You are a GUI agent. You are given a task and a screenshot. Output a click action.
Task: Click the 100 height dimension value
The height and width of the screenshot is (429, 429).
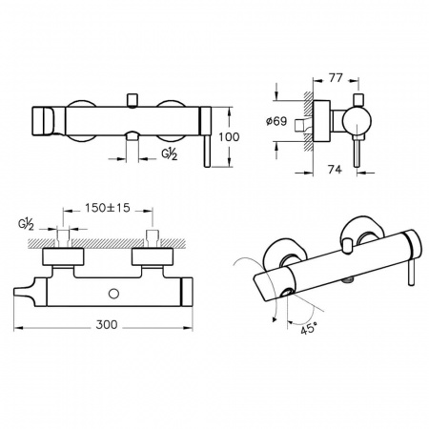(x=229, y=137)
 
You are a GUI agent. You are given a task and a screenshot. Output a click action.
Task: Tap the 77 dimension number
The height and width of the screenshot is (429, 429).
(x=336, y=78)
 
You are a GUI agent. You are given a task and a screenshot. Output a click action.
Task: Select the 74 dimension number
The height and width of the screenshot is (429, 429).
(x=335, y=170)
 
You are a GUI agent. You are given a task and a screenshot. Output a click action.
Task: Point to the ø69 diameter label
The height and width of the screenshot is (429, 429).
(x=276, y=121)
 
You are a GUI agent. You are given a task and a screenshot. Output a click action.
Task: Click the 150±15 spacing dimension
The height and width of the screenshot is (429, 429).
(x=108, y=208)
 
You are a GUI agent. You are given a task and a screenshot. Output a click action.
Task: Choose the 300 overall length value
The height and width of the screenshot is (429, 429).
(x=107, y=325)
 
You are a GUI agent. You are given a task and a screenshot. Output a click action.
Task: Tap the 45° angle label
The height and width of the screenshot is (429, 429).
(x=309, y=328)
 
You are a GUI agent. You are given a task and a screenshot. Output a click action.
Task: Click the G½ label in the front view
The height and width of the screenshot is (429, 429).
(x=169, y=154)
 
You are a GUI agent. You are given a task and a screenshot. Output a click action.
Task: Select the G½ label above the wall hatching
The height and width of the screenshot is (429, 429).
(x=26, y=224)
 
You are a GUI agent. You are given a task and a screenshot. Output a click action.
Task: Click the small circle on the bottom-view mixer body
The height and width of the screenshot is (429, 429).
(x=113, y=294)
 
